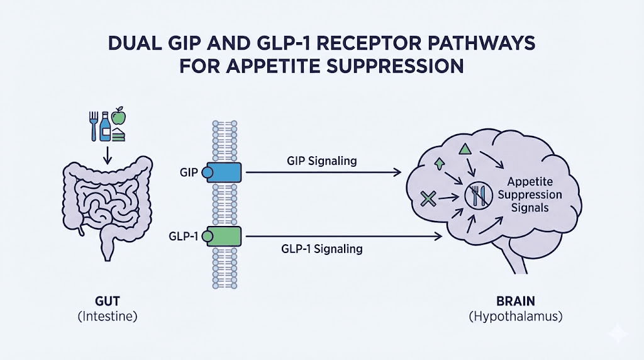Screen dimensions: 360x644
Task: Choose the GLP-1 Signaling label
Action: [321, 249]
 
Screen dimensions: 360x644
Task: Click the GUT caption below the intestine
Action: [106, 300]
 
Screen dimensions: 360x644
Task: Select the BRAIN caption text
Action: [514, 300]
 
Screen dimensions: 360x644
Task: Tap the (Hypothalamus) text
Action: [514, 317]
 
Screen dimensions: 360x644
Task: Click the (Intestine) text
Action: [106, 317]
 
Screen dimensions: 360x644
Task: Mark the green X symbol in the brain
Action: [428, 200]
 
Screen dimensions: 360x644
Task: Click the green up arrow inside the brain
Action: [438, 165]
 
